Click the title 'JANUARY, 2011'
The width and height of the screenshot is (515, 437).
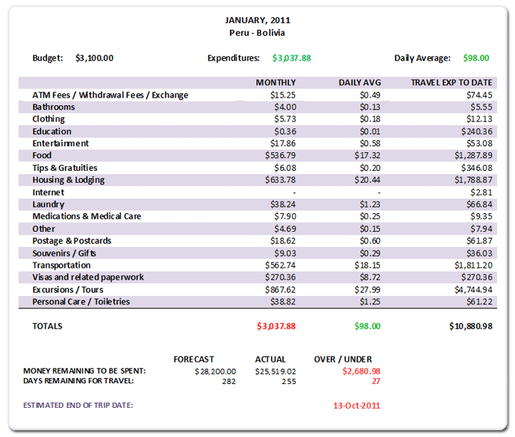[257, 20]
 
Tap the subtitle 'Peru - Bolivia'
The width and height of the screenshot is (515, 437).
[257, 33]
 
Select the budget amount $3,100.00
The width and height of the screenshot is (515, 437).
[95, 57]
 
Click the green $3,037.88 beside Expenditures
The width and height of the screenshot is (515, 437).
[291, 57]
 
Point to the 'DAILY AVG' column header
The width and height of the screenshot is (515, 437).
[359, 83]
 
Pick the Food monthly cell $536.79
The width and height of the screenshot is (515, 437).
[281, 155]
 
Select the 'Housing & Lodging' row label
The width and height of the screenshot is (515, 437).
[69, 180]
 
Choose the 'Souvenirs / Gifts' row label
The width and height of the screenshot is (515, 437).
[65, 253]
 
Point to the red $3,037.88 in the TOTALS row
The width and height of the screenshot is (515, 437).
[276, 326]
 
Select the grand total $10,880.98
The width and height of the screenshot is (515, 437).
[470, 326]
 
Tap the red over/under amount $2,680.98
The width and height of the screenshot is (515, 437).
[361, 371]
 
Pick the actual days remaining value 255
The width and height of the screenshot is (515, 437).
[289, 381]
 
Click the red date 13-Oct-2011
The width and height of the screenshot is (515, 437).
[357, 406]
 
